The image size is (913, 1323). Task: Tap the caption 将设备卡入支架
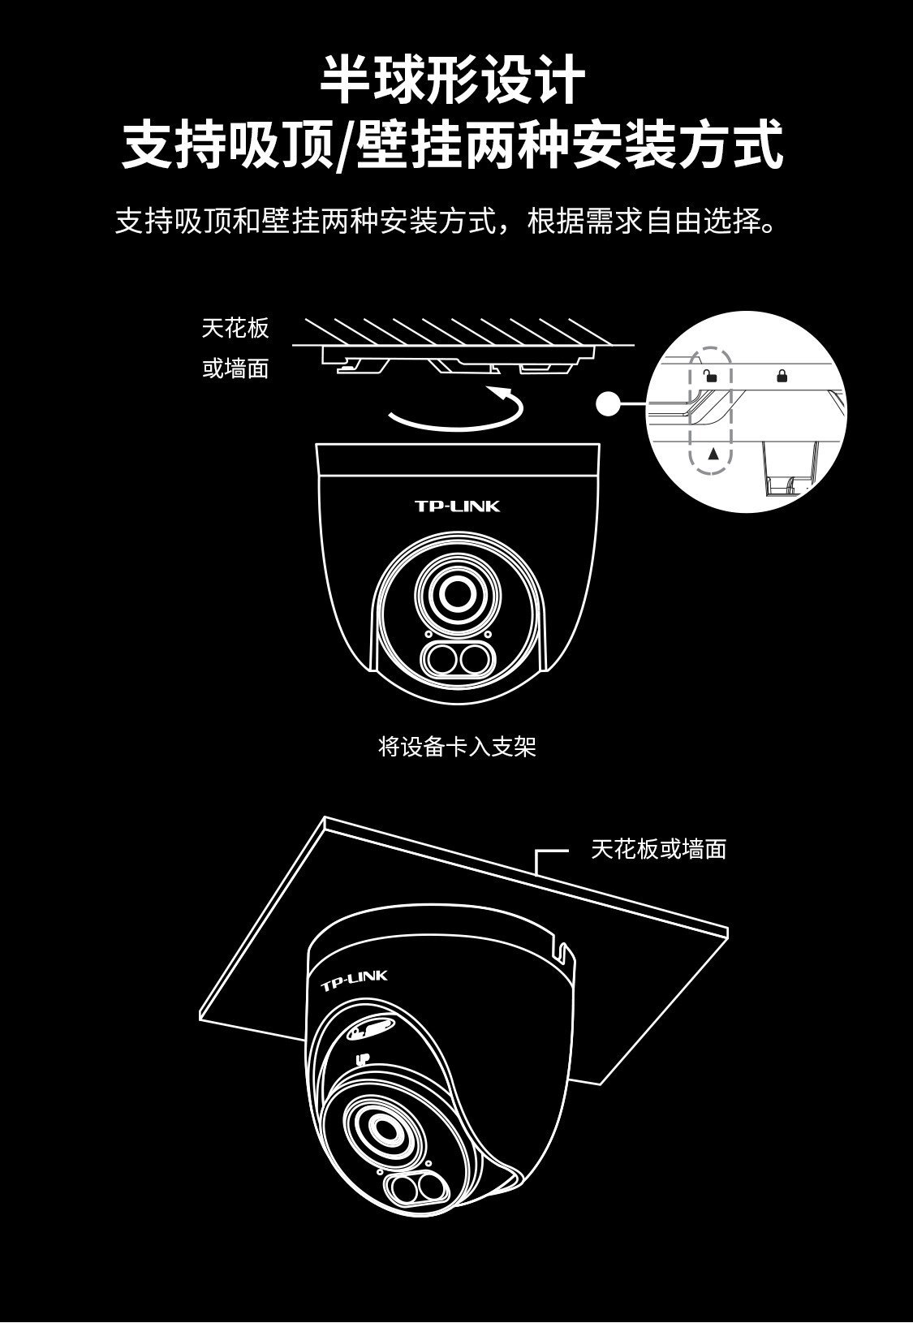click(457, 746)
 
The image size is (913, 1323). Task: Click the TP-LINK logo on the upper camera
click(457, 506)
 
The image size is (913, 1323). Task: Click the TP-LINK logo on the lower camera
click(355, 980)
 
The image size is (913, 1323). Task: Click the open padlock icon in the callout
click(711, 376)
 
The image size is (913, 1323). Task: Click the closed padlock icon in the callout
click(782, 375)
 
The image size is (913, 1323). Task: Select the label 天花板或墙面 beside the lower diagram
click(658, 850)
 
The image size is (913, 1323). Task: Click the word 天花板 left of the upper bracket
click(235, 329)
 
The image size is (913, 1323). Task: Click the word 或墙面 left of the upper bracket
click(235, 369)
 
